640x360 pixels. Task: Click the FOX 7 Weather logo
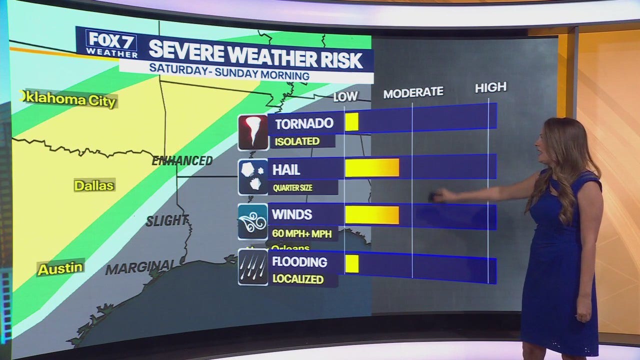pos(111,43)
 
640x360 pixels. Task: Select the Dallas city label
pos(94,185)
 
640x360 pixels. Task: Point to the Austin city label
pos(60,268)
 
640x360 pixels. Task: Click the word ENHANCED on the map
pos(182,161)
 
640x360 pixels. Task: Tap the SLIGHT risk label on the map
pos(167,220)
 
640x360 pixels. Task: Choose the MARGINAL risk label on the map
pos(140,267)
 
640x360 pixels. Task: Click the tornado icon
pos(253,132)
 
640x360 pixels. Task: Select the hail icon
pos(253,176)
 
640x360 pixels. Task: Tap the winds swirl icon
pos(253,221)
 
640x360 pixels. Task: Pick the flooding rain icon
pos(253,267)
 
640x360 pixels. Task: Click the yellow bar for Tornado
pos(351,122)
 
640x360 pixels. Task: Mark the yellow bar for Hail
pos(372,168)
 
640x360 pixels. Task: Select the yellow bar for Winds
pos(372,215)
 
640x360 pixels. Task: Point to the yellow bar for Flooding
pos(351,263)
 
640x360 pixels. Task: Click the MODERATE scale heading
pos(413,92)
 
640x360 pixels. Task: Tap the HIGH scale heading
pos(490,87)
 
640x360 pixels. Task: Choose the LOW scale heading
pos(345,96)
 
